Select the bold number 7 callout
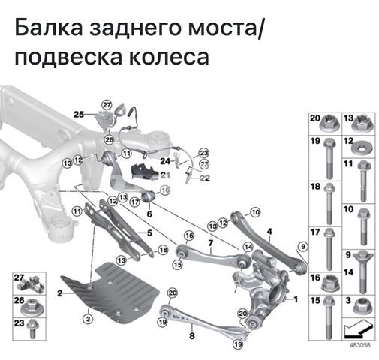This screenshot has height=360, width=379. point(211,242)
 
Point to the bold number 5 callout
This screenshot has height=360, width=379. point(149,233)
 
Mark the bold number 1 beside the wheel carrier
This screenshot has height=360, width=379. point(295,298)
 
